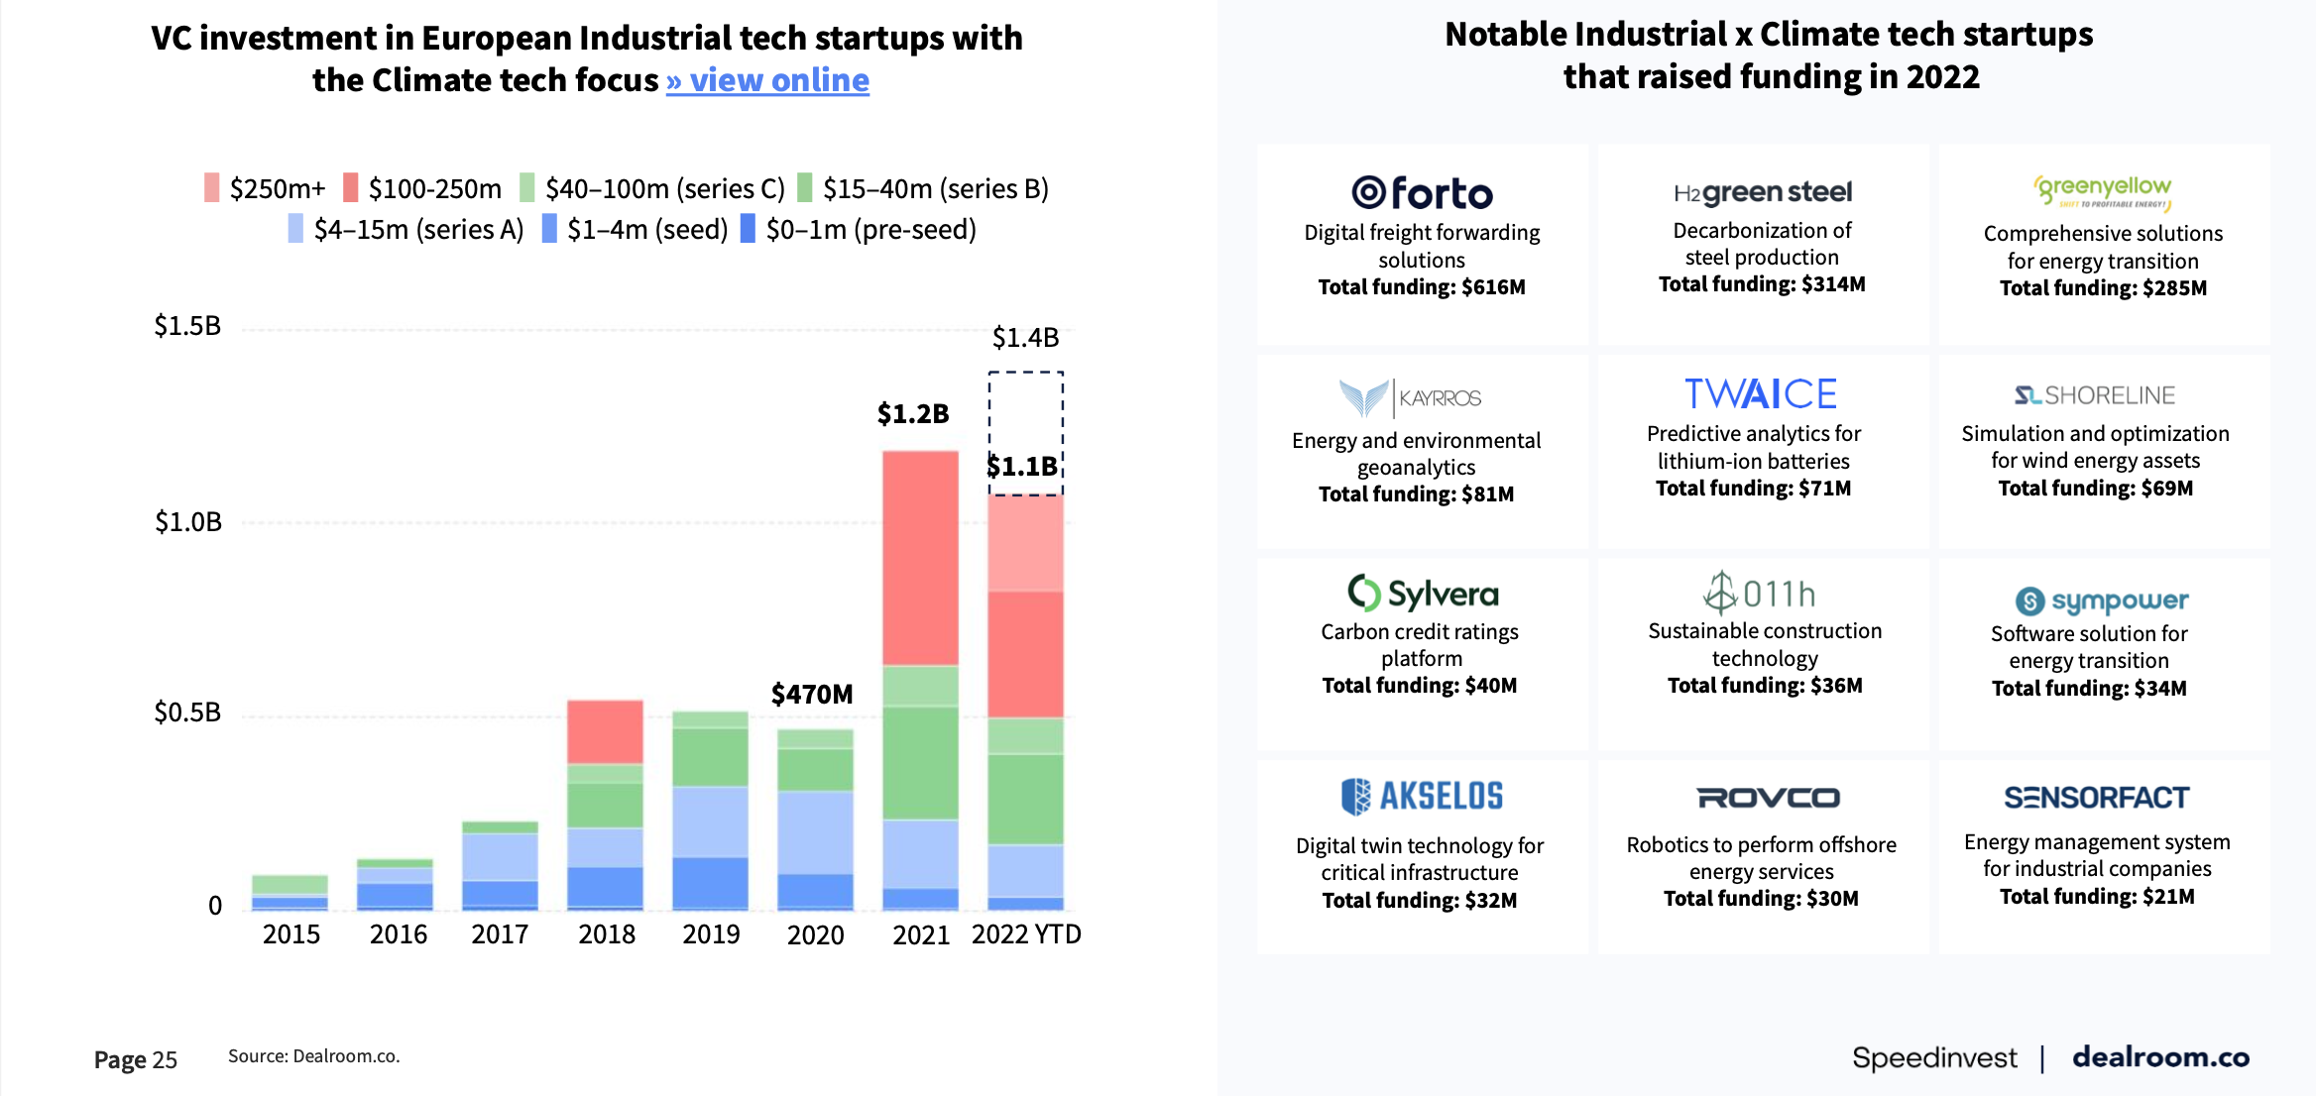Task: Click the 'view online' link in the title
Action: (767, 80)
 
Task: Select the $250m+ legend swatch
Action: (211, 188)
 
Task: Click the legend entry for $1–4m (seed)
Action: (635, 230)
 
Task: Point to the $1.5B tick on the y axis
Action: (187, 326)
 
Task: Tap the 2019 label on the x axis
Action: (711, 934)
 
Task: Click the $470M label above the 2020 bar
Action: (812, 694)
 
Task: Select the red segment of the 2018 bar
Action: (605, 731)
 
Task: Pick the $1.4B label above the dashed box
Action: (1025, 338)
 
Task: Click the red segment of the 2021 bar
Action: (920, 557)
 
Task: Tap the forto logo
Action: (1422, 193)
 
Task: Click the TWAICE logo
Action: (1761, 394)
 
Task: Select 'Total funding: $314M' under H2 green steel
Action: (1762, 284)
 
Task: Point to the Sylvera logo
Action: (1423, 594)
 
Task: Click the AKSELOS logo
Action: (1422, 796)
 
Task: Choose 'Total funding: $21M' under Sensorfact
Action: (2097, 897)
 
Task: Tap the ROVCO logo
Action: (1768, 798)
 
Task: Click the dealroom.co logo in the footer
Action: (2160, 1057)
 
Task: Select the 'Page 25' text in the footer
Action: (136, 1060)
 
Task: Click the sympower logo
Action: (2101, 601)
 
